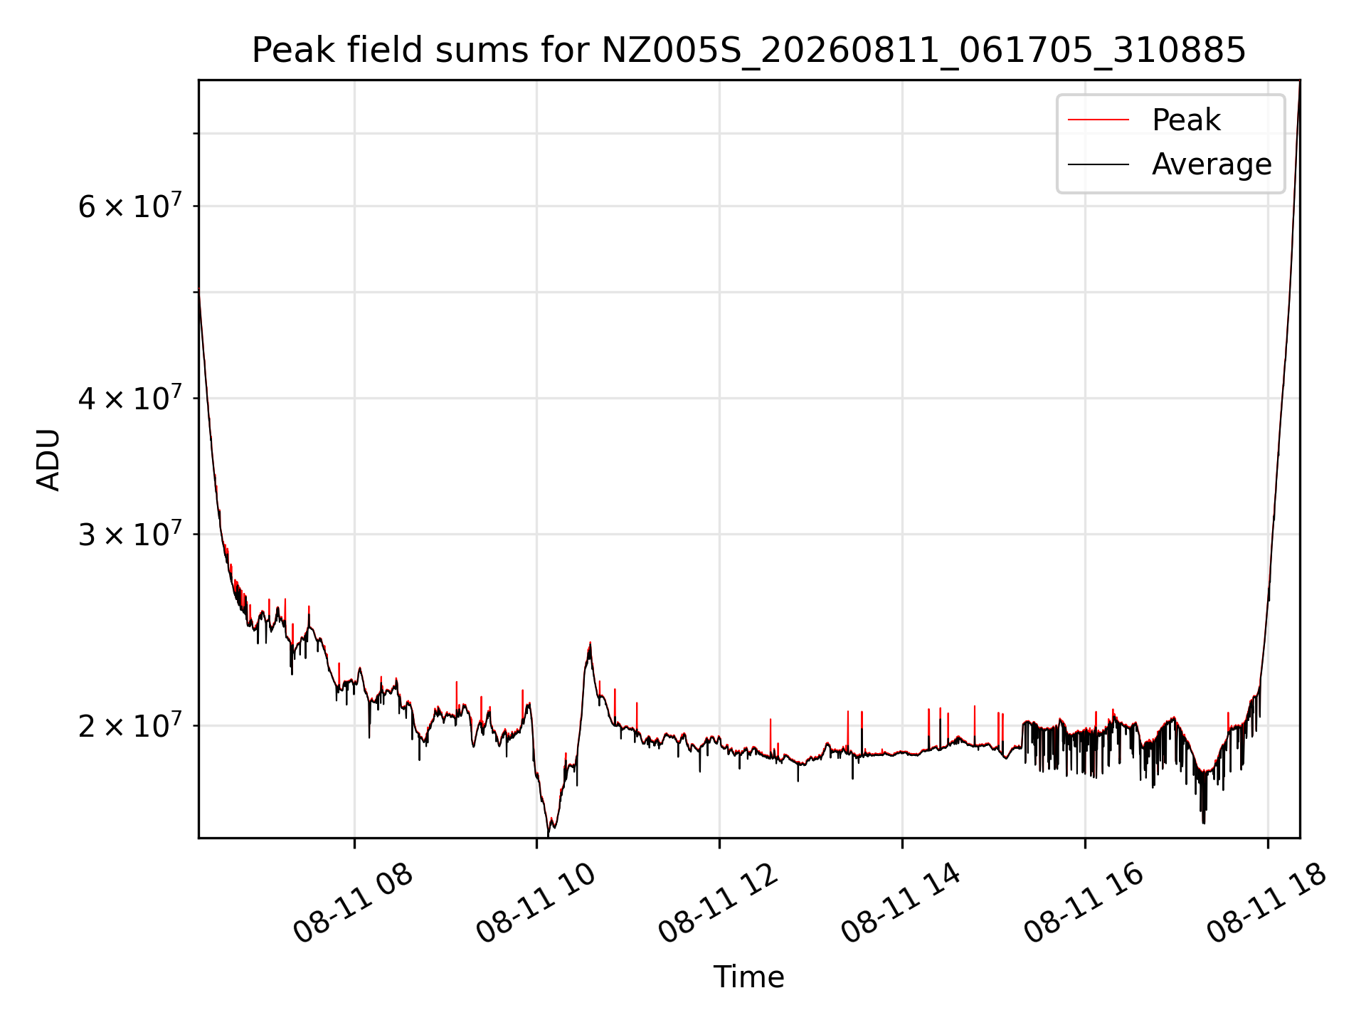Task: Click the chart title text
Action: [x=748, y=51]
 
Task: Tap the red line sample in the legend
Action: [x=1098, y=120]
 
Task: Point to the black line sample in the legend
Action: [x=1098, y=164]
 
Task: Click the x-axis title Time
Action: [x=748, y=977]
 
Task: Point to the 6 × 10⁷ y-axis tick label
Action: [x=130, y=206]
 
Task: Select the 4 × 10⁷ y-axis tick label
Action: [x=130, y=398]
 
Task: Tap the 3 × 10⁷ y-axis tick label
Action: [x=130, y=534]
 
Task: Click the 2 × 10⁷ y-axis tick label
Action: [x=130, y=726]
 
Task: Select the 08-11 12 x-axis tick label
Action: [x=718, y=903]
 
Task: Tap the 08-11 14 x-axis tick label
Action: [x=901, y=903]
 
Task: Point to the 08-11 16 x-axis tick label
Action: [x=1084, y=903]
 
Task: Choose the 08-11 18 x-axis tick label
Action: [x=1266, y=903]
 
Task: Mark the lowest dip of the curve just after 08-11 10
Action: [x=549, y=835]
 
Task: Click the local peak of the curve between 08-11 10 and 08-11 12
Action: [x=590, y=643]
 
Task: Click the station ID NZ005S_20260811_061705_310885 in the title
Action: [x=923, y=51]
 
